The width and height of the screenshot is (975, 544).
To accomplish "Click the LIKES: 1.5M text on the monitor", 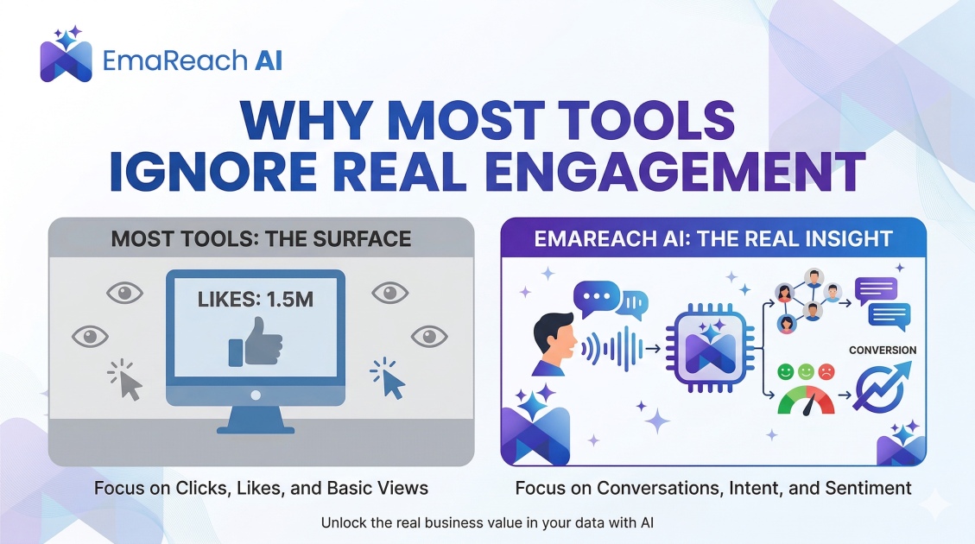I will click(x=256, y=302).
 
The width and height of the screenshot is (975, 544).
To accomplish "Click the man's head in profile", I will click(x=550, y=339).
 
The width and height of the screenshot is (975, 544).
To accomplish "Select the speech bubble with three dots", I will click(x=596, y=298).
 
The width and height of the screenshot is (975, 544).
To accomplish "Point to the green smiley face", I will click(x=785, y=372).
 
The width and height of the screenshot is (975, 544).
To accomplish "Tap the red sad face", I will click(x=826, y=372).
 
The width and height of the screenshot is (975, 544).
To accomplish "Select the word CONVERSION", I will click(x=883, y=350).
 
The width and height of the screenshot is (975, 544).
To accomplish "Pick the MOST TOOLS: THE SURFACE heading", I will click(x=261, y=238).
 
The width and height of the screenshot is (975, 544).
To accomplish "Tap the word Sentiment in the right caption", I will click(x=868, y=488).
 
